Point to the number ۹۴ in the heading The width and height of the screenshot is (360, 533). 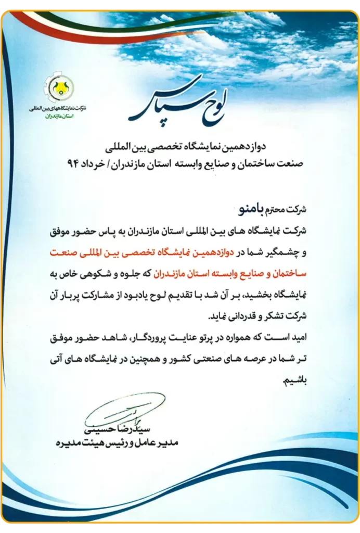pos(73,163)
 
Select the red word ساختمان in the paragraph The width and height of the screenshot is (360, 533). pos(291,273)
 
